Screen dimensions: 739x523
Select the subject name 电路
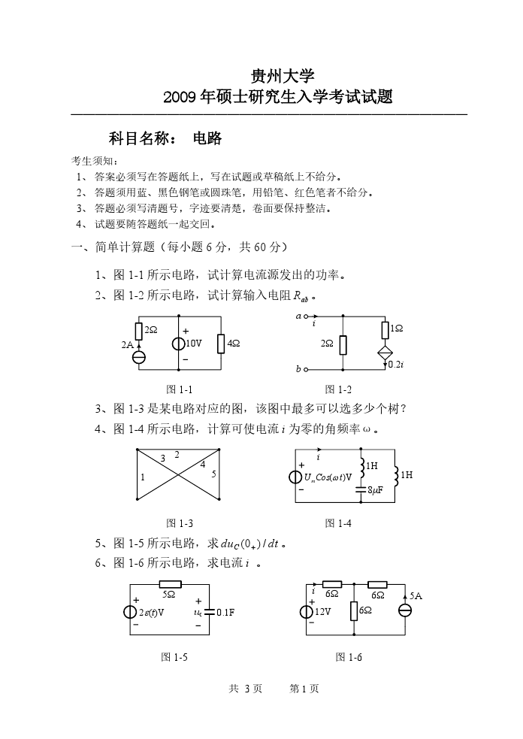pyautogui.click(x=207, y=138)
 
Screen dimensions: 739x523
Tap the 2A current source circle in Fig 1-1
pyautogui.click(x=139, y=356)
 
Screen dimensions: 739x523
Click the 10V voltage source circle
pyautogui.click(x=179, y=344)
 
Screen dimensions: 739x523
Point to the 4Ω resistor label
pyautogui.click(x=233, y=344)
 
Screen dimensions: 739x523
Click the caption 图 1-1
pyautogui.click(x=179, y=389)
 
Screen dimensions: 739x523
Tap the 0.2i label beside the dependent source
pyautogui.click(x=396, y=364)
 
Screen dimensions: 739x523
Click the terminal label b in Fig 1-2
pyautogui.click(x=298, y=369)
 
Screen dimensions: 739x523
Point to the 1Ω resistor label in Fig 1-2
pyautogui.click(x=397, y=329)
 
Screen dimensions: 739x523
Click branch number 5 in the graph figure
pyautogui.click(x=213, y=474)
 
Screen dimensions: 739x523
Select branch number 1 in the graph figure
pyautogui.click(x=143, y=477)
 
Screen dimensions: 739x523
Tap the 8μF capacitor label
pyautogui.click(x=375, y=490)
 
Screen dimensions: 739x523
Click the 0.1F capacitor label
pyautogui.click(x=225, y=612)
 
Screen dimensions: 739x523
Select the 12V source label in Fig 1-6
pyautogui.click(x=322, y=611)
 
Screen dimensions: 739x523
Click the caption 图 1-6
pyautogui.click(x=349, y=657)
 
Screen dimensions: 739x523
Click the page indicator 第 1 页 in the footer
pyautogui.click(x=304, y=689)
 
